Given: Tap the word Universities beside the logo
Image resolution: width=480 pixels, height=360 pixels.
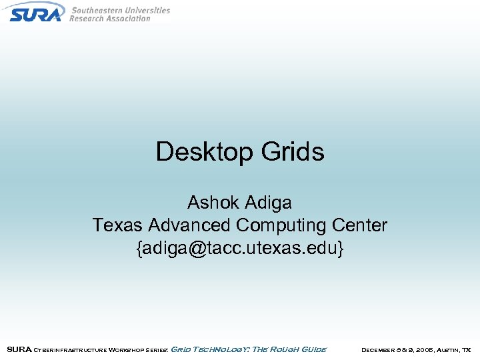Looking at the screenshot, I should tap(147, 10).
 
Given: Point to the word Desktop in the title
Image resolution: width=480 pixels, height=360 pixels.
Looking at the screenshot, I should tap(205, 152).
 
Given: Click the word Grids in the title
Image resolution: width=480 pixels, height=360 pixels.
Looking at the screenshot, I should tap(293, 152).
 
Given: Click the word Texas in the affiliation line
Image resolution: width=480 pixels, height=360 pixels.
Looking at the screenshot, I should tap(117, 225).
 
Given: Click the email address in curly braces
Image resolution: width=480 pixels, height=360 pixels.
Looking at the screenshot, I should tap(240, 249).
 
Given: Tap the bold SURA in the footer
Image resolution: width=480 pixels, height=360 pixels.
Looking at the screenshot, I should tap(18, 349).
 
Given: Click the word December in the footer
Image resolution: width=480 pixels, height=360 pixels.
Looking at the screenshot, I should tap(380, 349).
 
